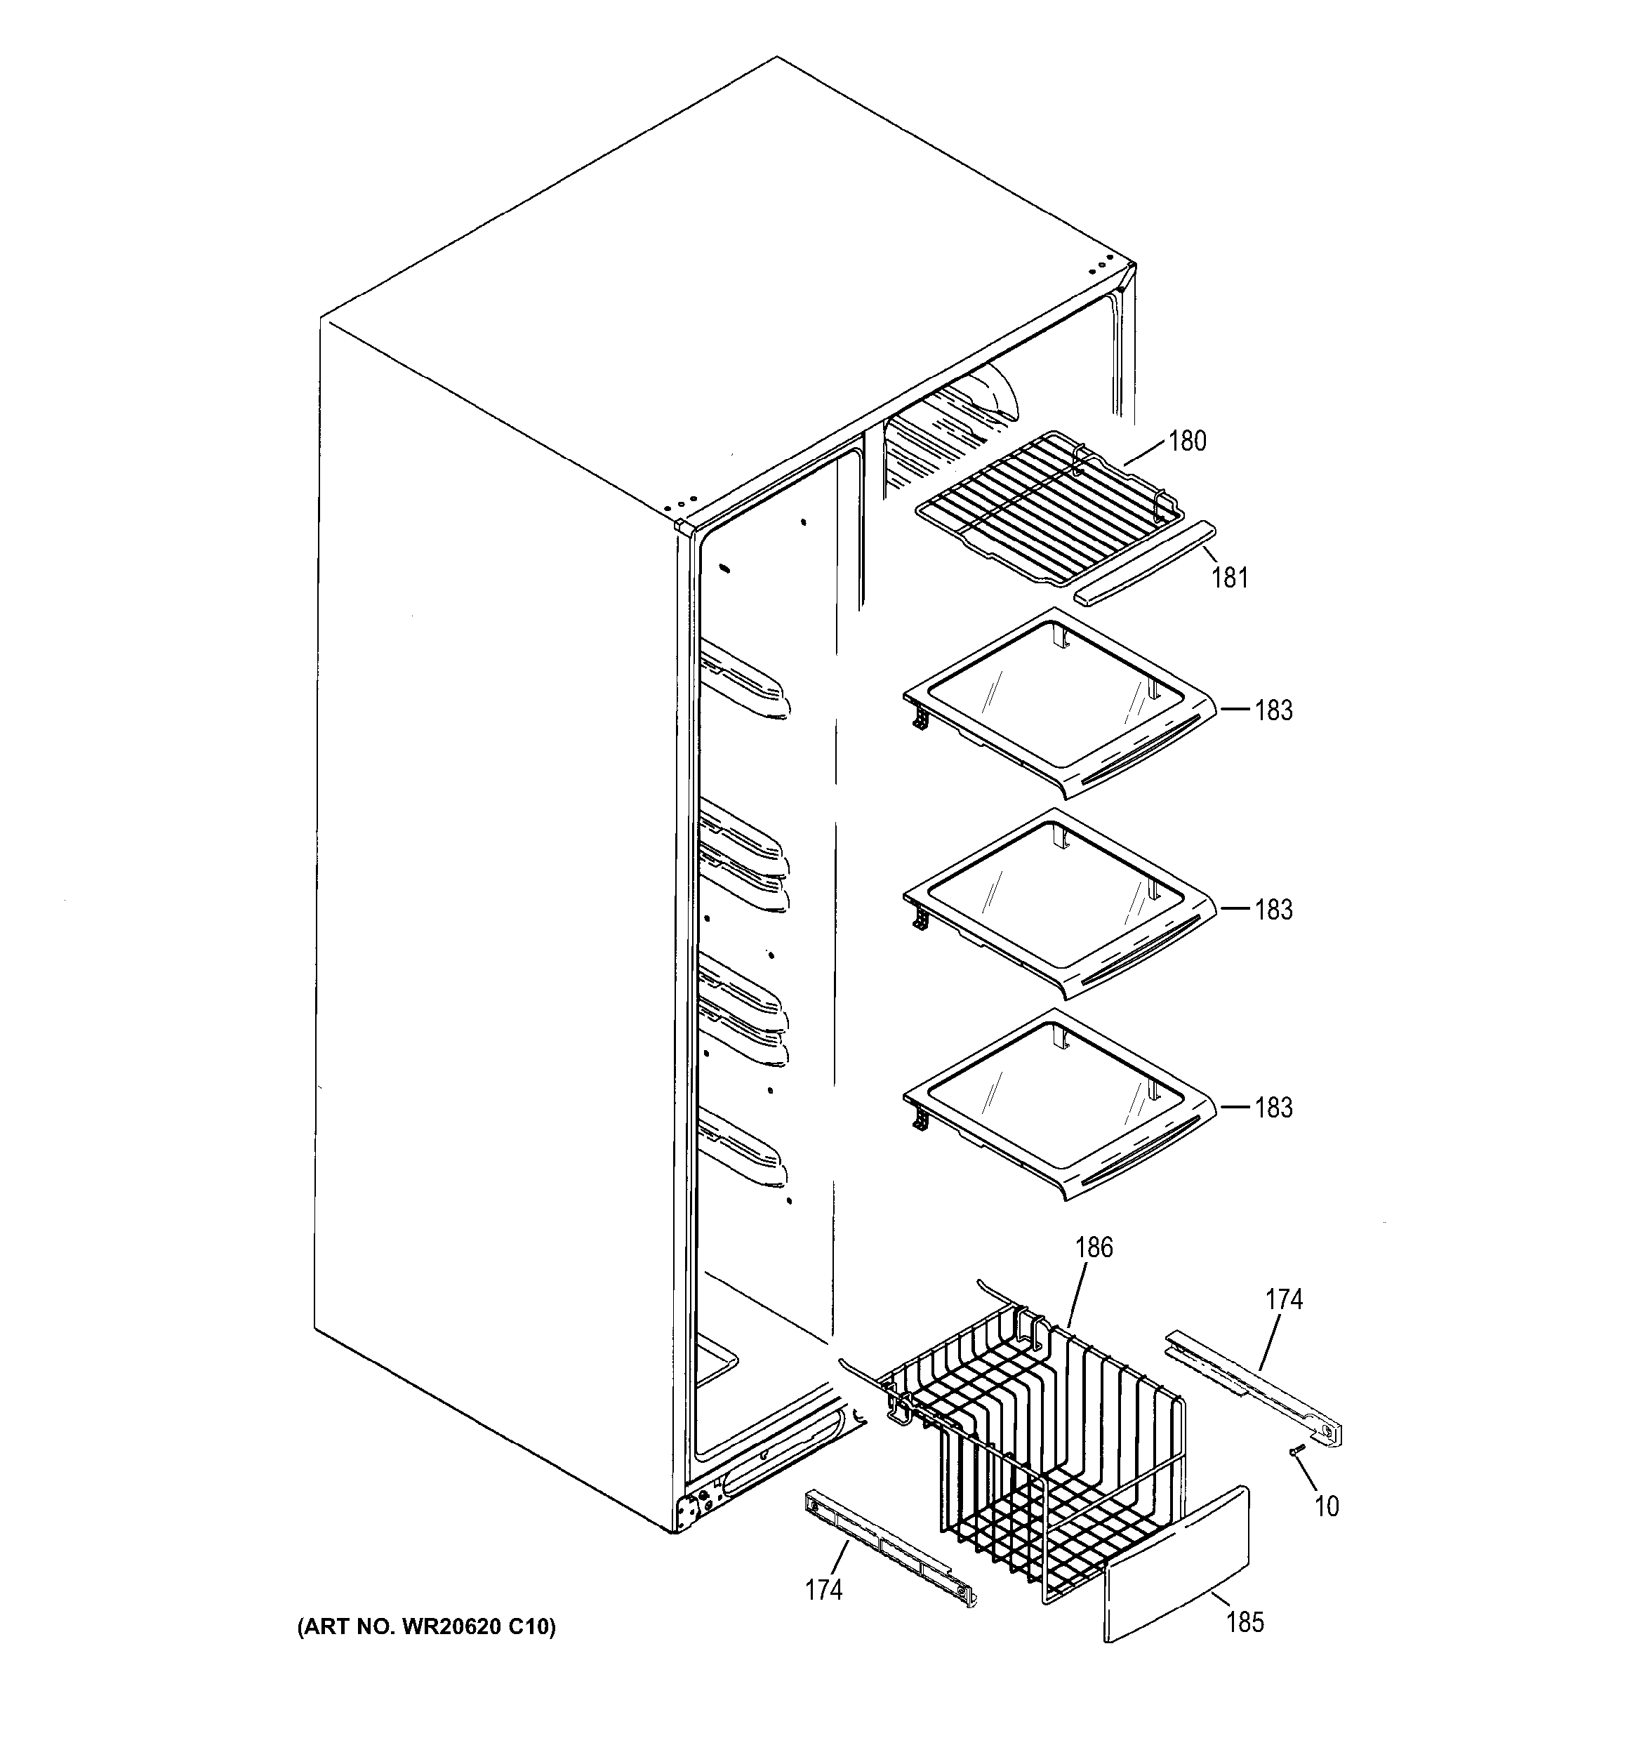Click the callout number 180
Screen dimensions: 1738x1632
(1186, 442)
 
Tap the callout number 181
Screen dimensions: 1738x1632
(1229, 578)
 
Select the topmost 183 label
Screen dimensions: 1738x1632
(1273, 711)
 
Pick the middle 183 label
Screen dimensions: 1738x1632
(1273, 910)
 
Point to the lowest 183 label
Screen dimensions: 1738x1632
(1273, 1108)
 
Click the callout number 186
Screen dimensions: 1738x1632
(1094, 1247)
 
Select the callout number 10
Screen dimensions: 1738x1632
(1326, 1506)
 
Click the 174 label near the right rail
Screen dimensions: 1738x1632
(1283, 1300)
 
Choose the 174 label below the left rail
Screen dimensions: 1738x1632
(823, 1589)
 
